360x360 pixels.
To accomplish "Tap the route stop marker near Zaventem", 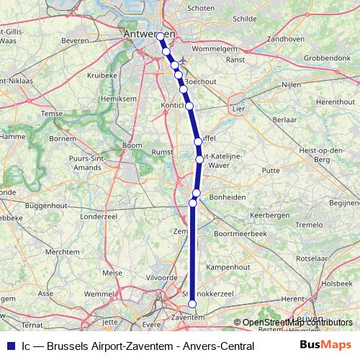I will click(x=192, y=305).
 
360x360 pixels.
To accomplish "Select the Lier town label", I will click(x=240, y=108).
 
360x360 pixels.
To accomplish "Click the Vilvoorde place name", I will click(x=162, y=277).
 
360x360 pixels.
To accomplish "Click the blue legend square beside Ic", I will click(x=10, y=346).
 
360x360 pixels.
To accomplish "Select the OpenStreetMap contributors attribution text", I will click(x=292, y=323).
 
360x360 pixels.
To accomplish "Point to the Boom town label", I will click(x=132, y=145).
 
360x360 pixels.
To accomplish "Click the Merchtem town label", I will click(x=62, y=252).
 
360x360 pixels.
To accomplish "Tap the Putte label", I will click(x=271, y=171).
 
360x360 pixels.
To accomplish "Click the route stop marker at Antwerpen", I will click(x=161, y=36).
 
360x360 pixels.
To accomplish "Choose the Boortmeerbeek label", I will click(x=240, y=234).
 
